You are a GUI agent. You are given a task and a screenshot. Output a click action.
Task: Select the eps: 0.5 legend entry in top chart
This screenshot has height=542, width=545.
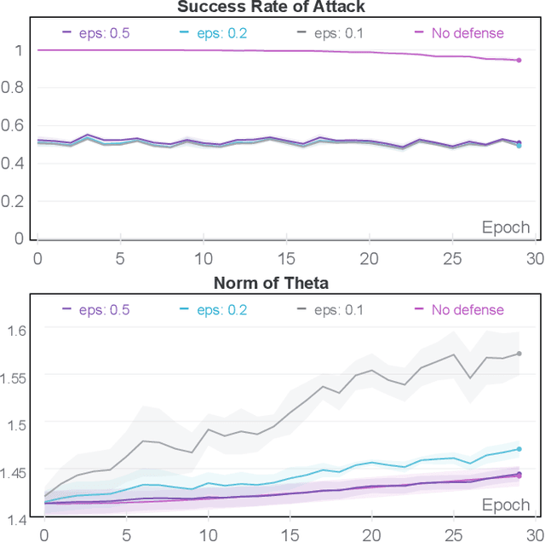(95, 33)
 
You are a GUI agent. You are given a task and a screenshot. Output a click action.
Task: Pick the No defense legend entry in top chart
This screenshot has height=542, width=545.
(459, 33)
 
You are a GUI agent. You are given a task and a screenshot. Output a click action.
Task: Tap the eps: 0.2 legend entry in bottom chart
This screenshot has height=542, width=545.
(212, 309)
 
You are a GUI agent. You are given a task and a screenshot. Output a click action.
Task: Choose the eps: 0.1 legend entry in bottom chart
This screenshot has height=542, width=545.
(329, 309)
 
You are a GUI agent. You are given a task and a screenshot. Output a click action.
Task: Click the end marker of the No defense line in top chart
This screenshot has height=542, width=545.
(519, 60)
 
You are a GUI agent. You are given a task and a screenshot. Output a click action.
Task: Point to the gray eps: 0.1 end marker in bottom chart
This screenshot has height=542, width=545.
(519, 354)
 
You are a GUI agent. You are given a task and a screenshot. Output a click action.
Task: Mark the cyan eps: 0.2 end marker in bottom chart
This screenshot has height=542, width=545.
(519, 449)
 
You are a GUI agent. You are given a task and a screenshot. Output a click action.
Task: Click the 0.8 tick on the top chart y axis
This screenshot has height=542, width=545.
(14, 88)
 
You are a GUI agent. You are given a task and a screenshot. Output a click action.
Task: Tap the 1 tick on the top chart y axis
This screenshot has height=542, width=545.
(20, 50)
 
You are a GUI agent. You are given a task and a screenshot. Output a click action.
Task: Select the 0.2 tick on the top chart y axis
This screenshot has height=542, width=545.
(14, 201)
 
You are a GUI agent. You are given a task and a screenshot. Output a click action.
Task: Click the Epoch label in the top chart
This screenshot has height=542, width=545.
(506, 228)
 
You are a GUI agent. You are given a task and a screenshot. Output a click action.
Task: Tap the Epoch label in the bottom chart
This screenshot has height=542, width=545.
(506, 505)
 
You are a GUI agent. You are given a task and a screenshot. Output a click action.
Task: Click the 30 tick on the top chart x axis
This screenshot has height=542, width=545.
(532, 257)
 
